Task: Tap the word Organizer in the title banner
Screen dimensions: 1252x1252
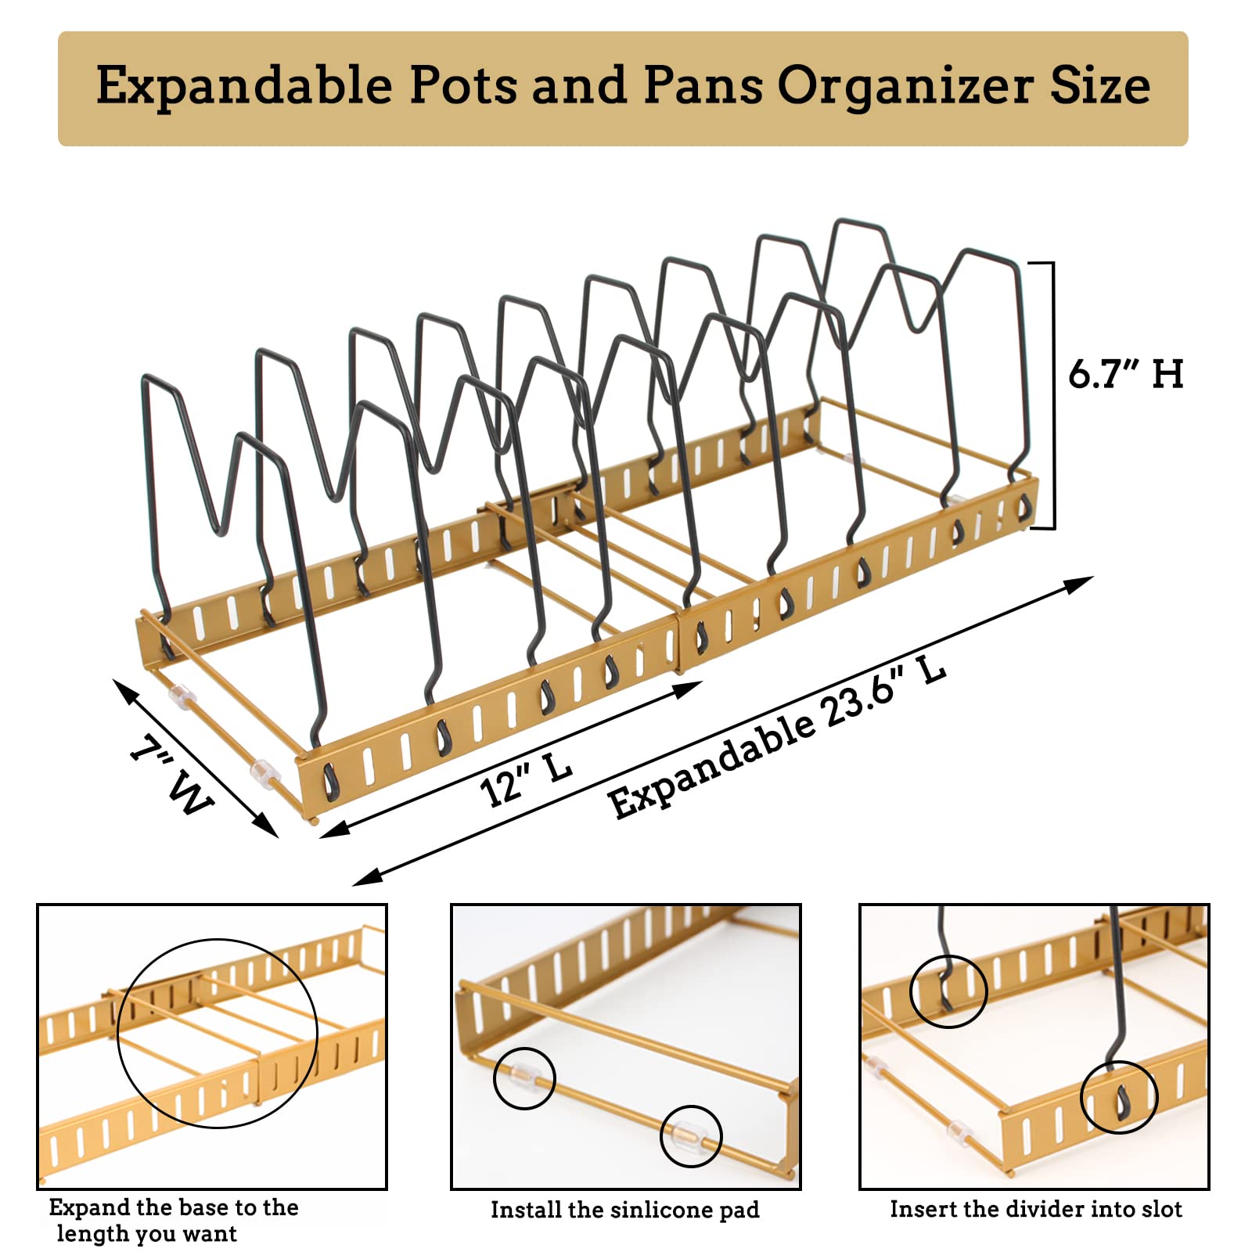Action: [x=905, y=86]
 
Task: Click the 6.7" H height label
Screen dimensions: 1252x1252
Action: [x=1125, y=374]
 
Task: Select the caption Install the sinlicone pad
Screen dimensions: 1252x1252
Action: [x=624, y=1210]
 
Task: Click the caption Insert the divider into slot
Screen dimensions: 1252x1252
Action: [x=1035, y=1209]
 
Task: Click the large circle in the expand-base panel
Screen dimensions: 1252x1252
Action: [x=218, y=1033]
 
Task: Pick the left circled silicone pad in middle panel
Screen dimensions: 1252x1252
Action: [x=524, y=1078]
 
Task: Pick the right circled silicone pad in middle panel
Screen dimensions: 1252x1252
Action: [x=690, y=1135]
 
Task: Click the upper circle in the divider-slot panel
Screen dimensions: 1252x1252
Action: [x=948, y=991]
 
